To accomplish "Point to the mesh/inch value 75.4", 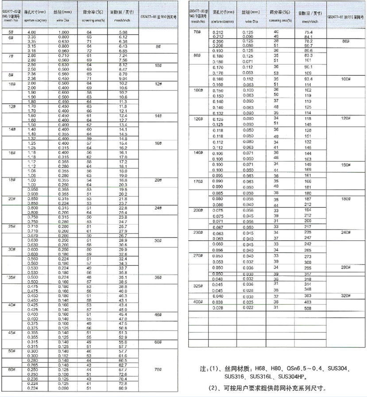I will pos(306,32).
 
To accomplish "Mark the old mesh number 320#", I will pos(346,296).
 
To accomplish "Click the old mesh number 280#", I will pos(346,268).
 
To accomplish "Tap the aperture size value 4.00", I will pos(31,33).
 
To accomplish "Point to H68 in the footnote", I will pos(261,368).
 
